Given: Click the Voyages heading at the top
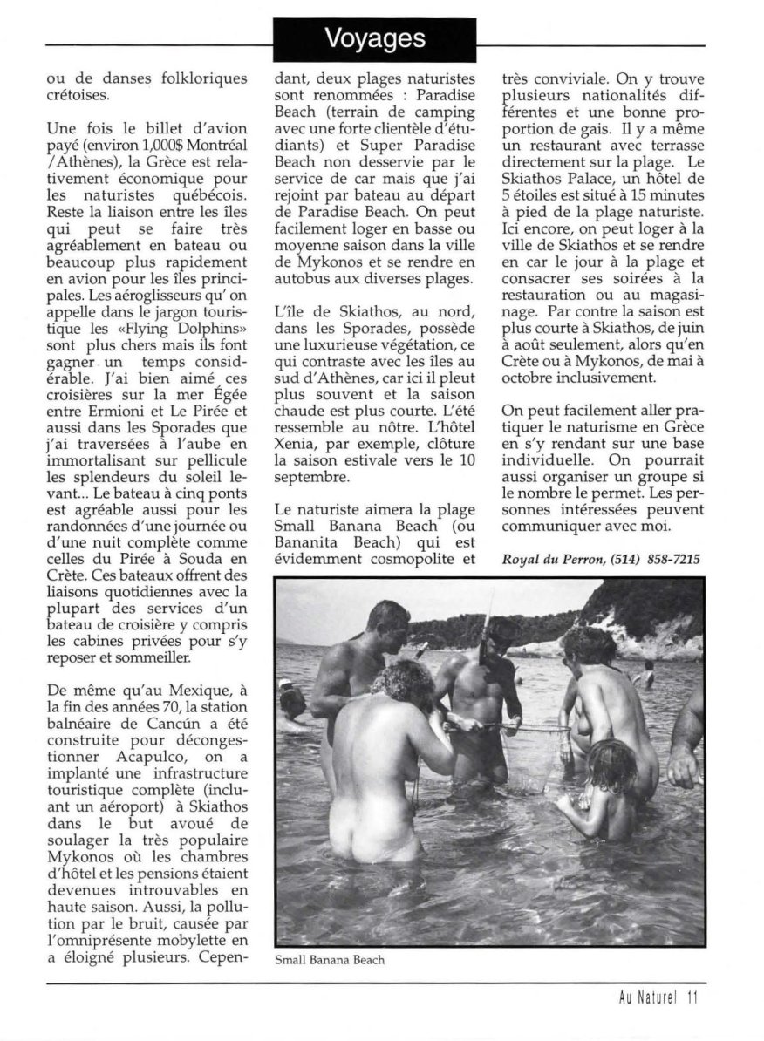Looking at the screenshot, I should point(376,38).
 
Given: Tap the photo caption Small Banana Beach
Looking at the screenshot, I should point(329,961).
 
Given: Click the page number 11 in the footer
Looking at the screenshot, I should point(692,998).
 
